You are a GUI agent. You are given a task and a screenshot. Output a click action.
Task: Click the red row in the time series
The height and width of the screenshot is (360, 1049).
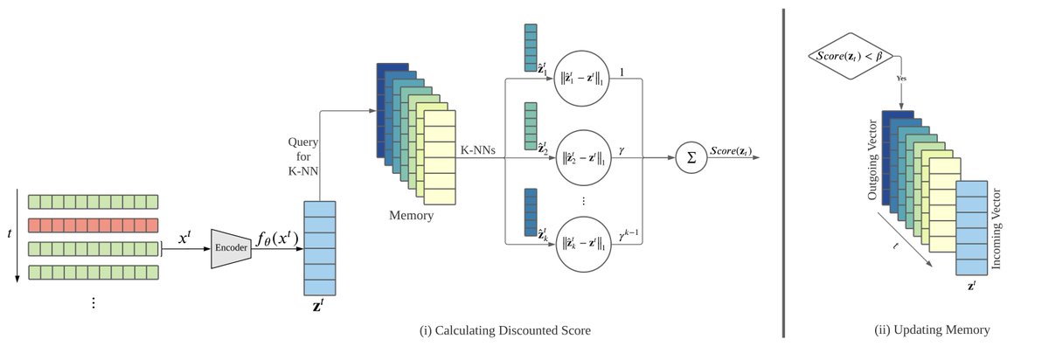click(x=93, y=225)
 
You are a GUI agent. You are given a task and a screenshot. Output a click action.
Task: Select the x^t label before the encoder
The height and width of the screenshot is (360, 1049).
click(x=184, y=237)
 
